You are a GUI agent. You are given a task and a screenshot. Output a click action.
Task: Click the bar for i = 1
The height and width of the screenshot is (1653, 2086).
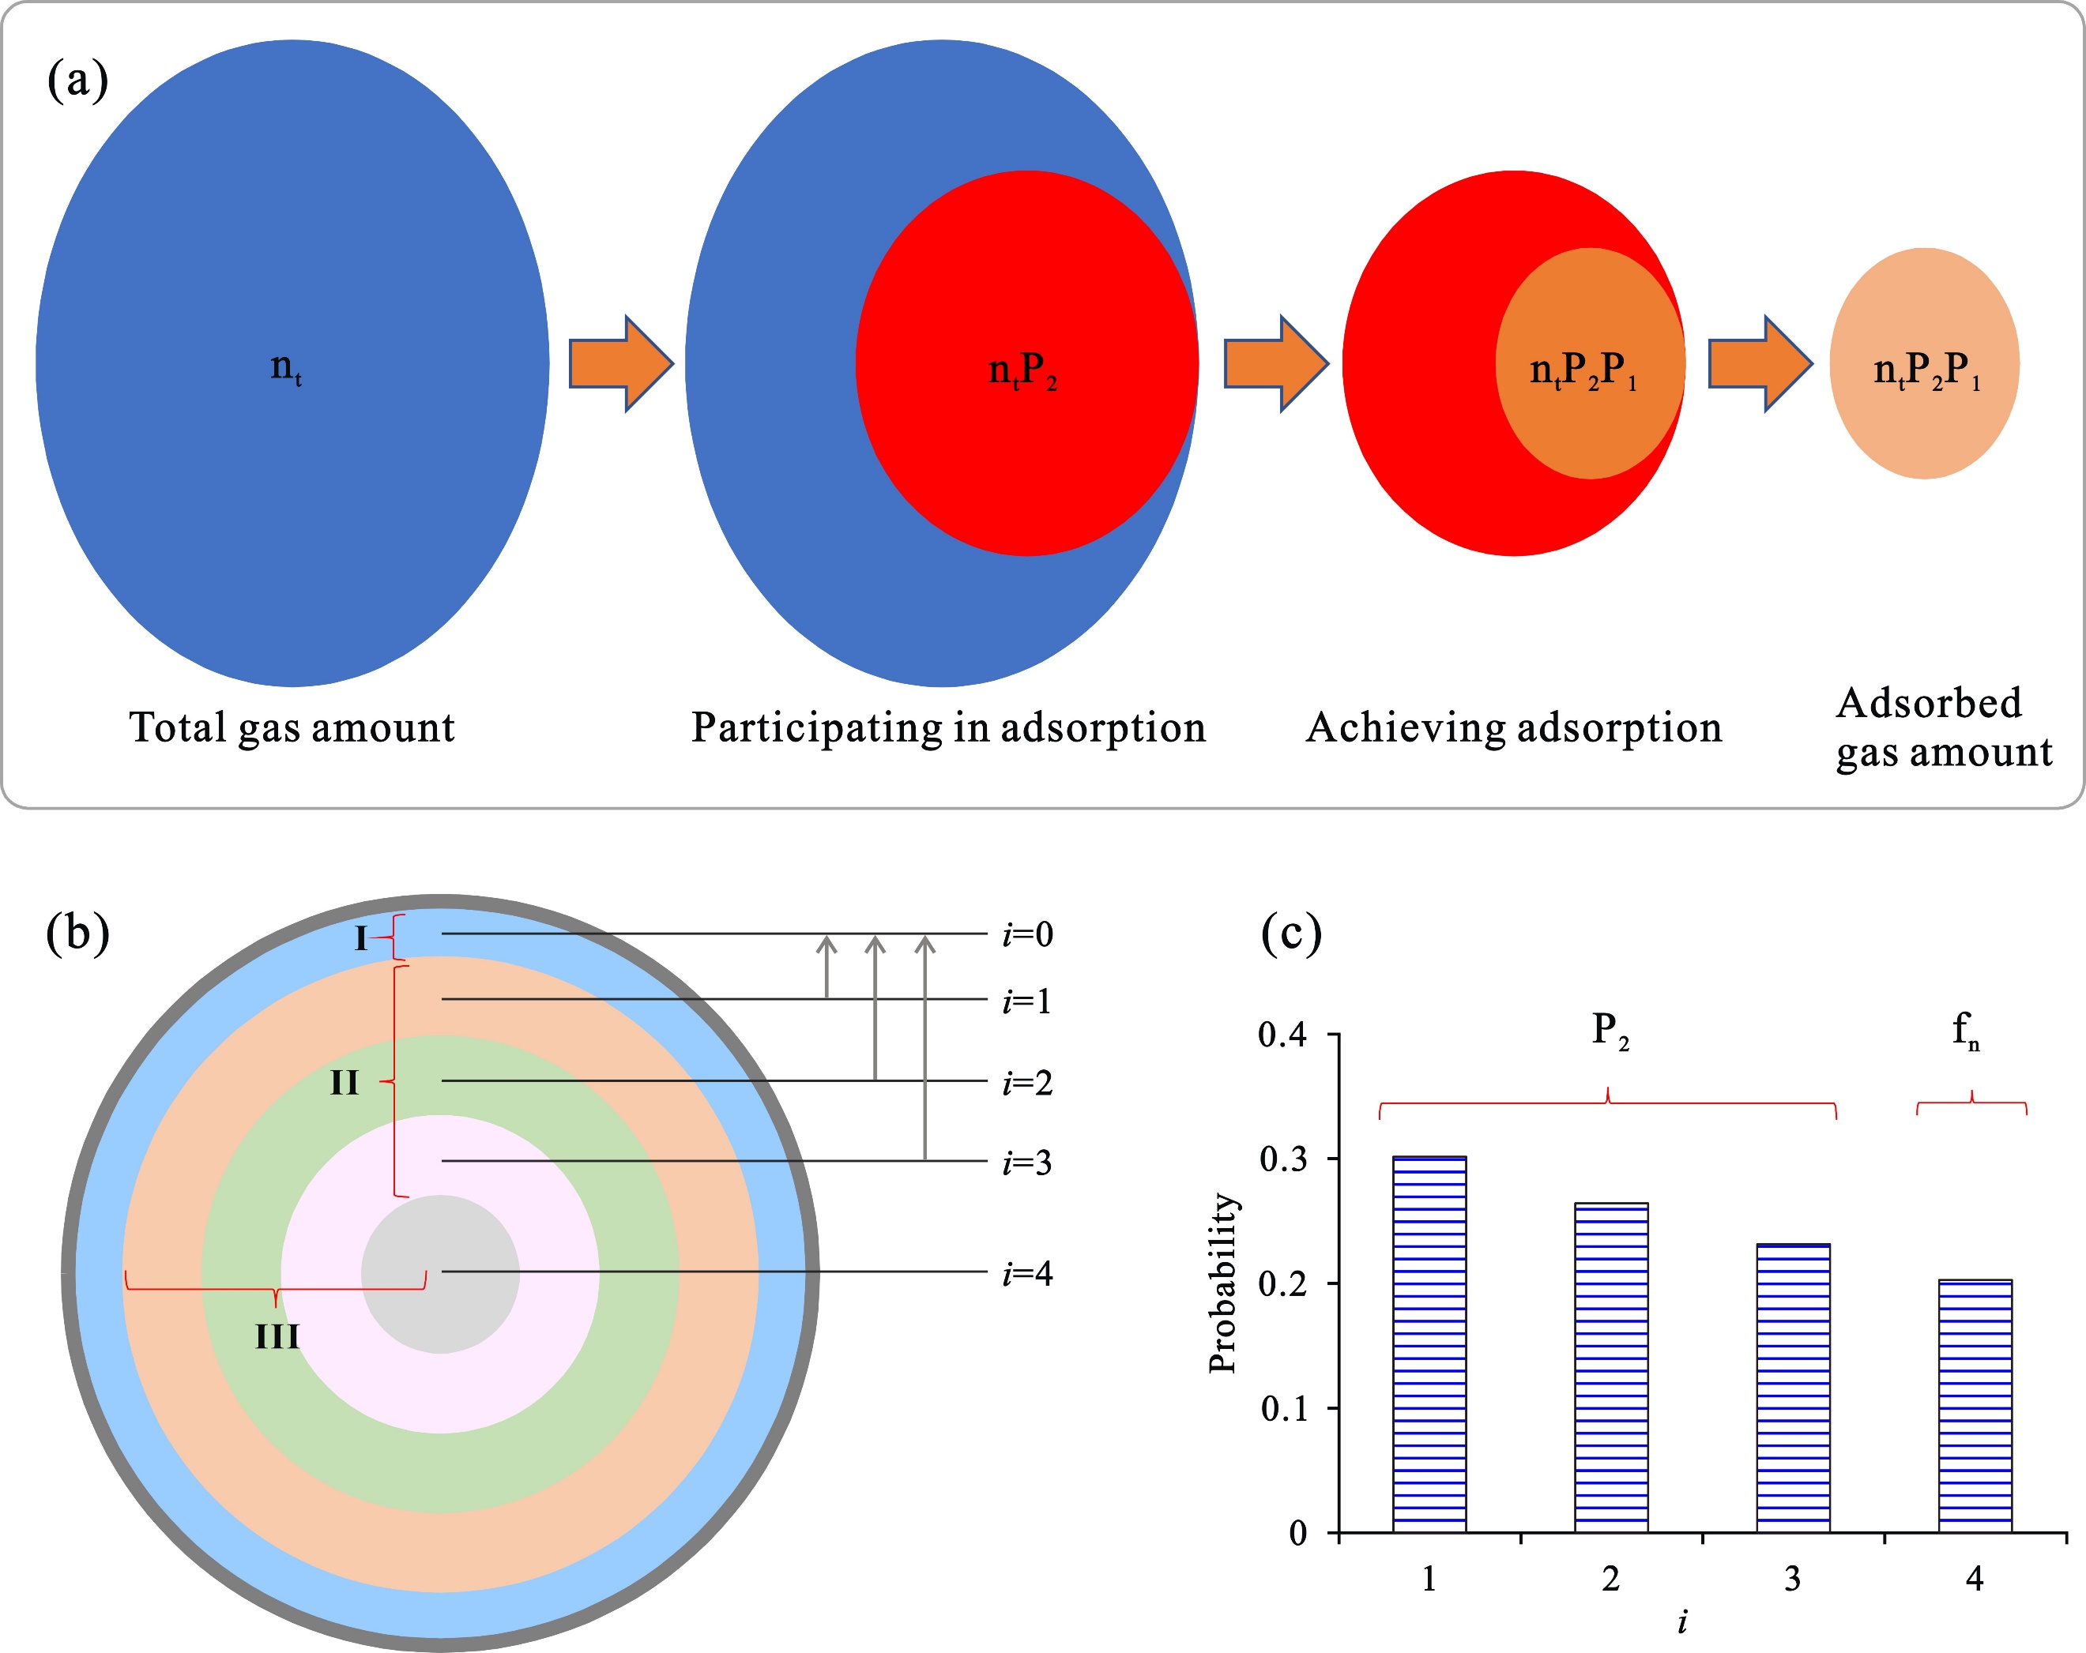click(1429, 1344)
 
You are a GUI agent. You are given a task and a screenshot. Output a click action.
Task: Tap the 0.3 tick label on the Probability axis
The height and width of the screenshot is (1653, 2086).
click(1283, 1159)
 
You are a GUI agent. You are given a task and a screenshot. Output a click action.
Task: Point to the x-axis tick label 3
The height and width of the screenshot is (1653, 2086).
click(1792, 1580)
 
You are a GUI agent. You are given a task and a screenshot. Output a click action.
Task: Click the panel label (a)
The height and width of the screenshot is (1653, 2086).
click(77, 79)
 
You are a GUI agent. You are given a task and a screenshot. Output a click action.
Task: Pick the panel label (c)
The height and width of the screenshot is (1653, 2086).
click(1290, 934)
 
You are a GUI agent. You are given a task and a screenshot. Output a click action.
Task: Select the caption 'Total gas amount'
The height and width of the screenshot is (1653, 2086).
click(292, 727)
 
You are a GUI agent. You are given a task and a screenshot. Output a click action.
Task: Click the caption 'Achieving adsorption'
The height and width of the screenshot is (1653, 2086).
click(1514, 727)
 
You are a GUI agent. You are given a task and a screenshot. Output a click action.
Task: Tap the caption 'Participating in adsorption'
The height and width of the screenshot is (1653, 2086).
click(948, 727)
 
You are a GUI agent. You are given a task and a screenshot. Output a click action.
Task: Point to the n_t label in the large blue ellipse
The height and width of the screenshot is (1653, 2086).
click(285, 367)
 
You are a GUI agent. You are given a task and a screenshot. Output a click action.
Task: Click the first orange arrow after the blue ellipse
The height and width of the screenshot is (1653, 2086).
click(620, 363)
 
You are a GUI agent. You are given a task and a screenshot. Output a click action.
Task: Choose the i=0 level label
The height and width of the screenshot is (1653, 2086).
click(1027, 934)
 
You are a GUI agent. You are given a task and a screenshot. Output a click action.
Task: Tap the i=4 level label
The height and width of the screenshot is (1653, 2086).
click(1027, 1274)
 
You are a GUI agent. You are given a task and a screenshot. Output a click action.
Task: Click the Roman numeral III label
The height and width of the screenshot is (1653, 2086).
click(277, 1338)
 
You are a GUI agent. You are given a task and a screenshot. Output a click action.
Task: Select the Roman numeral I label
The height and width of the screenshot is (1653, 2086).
click(361, 938)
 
